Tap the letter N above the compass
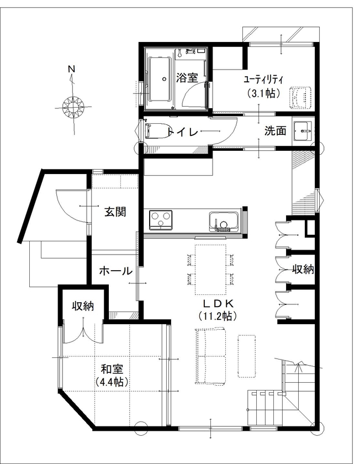click(x=71, y=69)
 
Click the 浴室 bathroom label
click(x=187, y=78)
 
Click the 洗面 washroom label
click(x=275, y=131)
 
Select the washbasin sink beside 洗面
click(x=302, y=131)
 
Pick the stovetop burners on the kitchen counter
click(x=161, y=220)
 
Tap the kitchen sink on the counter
click(x=223, y=222)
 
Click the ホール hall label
click(x=115, y=271)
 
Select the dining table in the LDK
click(x=210, y=269)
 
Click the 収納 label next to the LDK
click(x=303, y=270)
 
